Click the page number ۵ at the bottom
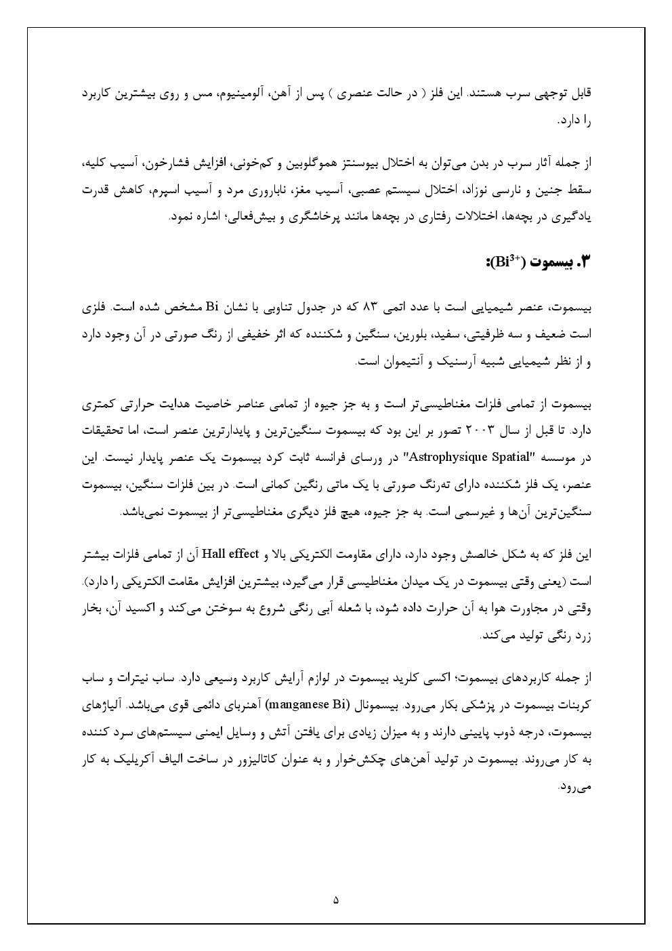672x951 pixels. pos(336,901)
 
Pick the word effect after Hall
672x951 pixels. pos(245,554)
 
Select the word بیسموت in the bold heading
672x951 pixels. pos(553,262)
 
